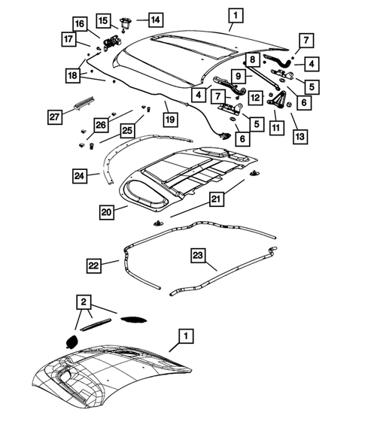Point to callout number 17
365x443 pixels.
pyautogui.click(x=68, y=39)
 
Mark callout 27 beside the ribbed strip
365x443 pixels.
pyautogui.click(x=54, y=117)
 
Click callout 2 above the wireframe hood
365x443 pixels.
pyautogui.click(x=84, y=303)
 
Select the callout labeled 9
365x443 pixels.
pyautogui.click(x=236, y=75)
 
